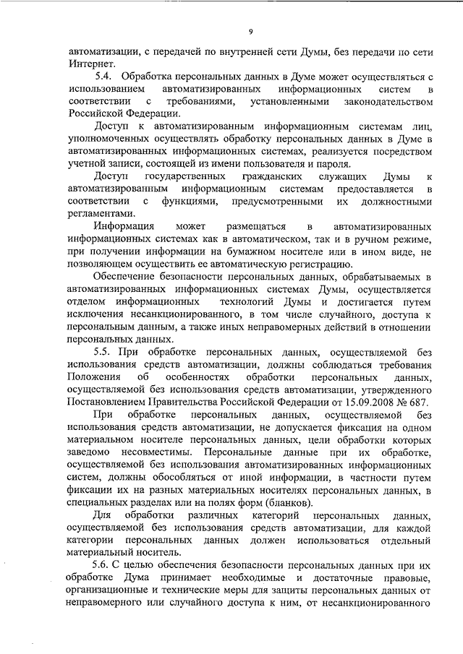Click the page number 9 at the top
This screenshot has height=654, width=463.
(250, 32)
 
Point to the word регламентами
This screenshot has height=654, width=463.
(101, 214)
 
